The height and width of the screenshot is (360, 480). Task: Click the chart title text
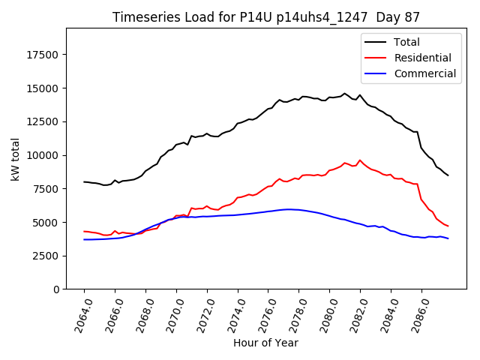pos(266,17)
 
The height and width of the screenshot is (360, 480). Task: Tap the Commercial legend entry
pos(424,73)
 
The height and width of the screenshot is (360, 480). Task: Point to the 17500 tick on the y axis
pos(43,55)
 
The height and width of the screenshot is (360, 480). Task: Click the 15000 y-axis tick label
pos(43,88)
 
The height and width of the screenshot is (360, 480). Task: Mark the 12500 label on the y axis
pos(43,122)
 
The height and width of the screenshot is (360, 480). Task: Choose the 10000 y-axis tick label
pos(43,156)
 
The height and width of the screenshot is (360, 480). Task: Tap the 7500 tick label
pos(46,189)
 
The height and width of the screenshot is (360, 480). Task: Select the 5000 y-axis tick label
pos(46,223)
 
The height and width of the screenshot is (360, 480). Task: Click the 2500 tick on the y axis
pos(46,256)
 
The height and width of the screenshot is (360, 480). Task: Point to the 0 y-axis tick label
pos(56,289)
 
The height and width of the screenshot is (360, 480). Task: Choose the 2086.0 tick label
pos(415,312)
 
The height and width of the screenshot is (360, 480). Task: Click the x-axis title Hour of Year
pos(265,343)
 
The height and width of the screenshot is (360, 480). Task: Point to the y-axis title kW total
pos(16,159)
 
